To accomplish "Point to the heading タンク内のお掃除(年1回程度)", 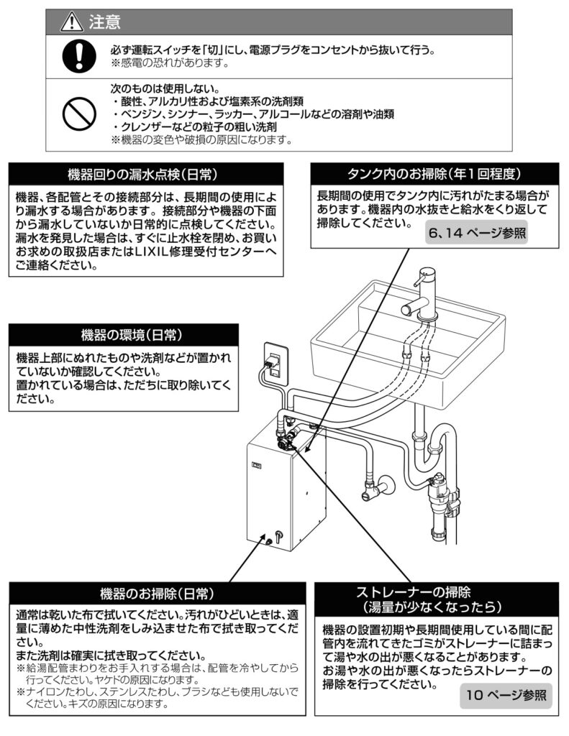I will [x=434, y=175].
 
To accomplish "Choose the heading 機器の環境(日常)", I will [x=122, y=335].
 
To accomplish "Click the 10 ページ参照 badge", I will [x=506, y=695].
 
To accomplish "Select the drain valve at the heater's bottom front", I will [x=278, y=537].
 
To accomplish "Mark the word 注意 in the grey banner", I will [x=104, y=22].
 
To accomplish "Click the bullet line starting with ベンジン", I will [x=252, y=114].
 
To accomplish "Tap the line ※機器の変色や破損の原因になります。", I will [x=201, y=139].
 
